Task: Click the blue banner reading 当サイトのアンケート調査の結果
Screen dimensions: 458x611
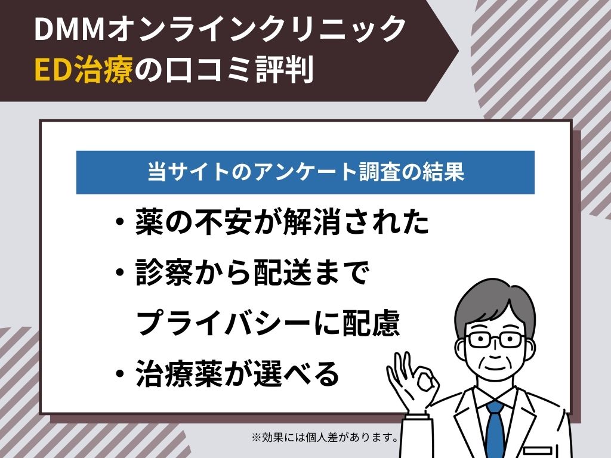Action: [305, 172]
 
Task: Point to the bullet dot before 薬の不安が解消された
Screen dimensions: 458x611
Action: [121, 223]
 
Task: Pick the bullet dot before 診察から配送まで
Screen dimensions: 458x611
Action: [121, 273]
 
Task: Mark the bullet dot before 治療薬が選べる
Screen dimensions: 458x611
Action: [121, 373]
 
